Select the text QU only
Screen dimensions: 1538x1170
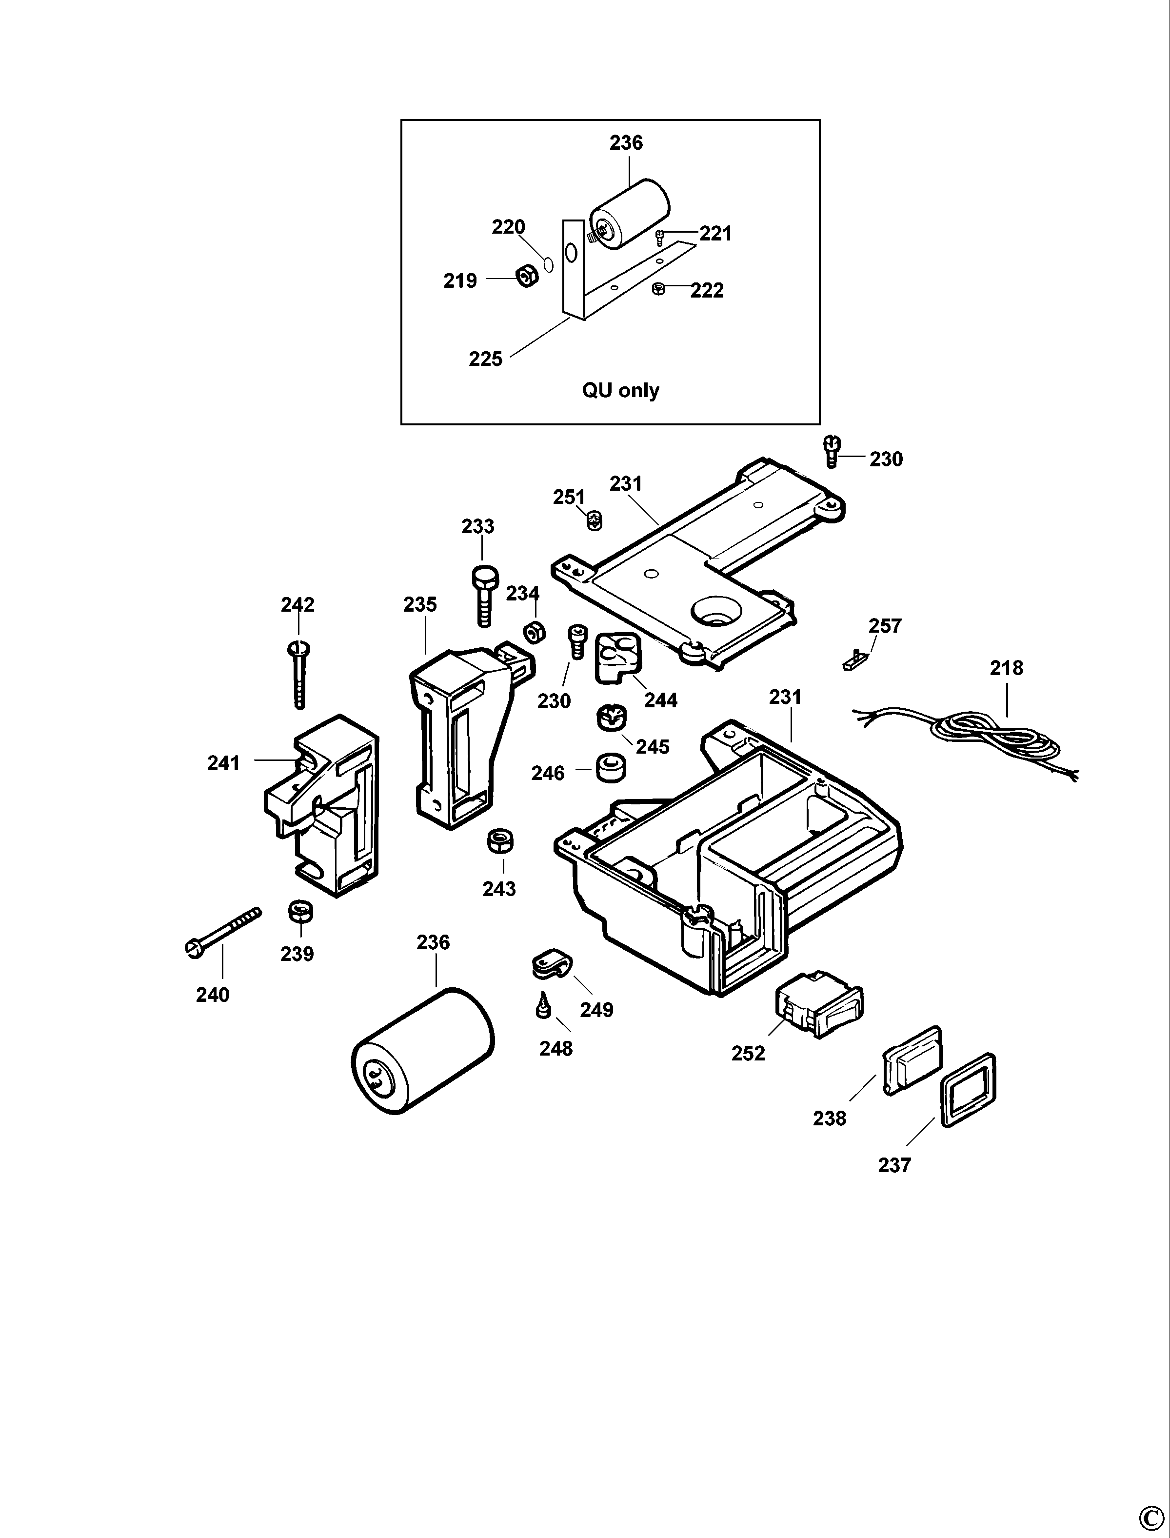[620, 390]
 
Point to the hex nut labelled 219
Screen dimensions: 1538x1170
[527, 277]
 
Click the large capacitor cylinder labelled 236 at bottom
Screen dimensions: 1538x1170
[423, 1051]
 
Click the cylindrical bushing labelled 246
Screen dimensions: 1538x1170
[610, 768]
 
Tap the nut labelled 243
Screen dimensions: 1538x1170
[499, 841]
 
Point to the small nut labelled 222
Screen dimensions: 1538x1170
[658, 288]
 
